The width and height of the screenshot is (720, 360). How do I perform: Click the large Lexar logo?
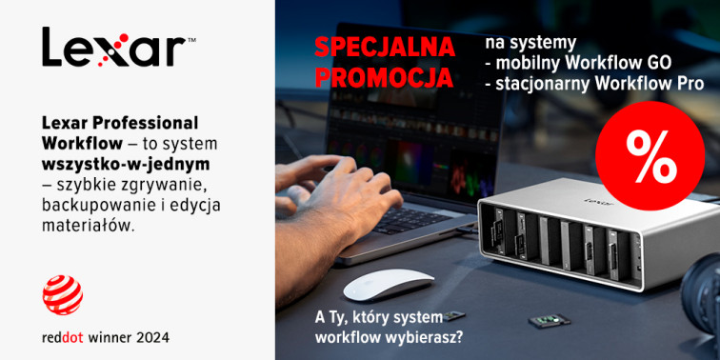[119, 47]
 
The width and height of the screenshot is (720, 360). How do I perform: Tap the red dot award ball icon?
[63, 294]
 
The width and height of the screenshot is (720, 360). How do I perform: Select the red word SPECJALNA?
[385, 48]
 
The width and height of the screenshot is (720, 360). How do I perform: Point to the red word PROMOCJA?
[384, 77]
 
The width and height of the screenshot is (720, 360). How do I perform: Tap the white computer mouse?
[389, 284]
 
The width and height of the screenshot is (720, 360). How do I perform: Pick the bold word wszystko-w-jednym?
[126, 165]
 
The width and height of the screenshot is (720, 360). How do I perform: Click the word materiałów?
[89, 225]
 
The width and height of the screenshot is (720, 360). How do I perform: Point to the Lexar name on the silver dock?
[592, 201]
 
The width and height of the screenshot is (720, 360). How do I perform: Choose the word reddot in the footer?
[63, 338]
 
